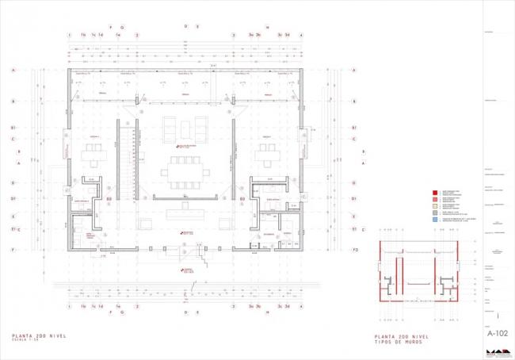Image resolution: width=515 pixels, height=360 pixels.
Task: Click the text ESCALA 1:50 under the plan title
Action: coord(27,343)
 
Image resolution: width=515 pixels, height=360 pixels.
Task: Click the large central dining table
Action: coord(185,170)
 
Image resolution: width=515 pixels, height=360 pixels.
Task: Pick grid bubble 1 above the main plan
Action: coord(71,36)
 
